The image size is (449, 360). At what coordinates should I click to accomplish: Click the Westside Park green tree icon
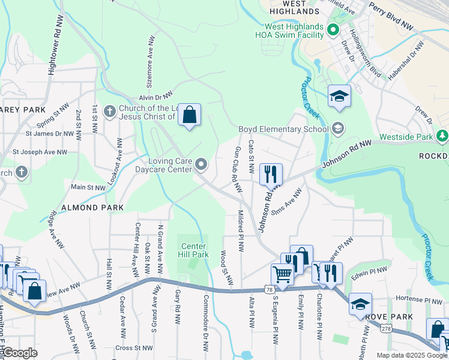(442, 136)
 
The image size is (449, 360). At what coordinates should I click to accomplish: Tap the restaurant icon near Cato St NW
(271, 174)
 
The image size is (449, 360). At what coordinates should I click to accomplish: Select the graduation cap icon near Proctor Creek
(339, 96)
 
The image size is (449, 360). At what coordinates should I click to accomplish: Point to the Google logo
(19, 353)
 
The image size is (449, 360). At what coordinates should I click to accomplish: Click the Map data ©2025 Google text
(411, 355)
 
